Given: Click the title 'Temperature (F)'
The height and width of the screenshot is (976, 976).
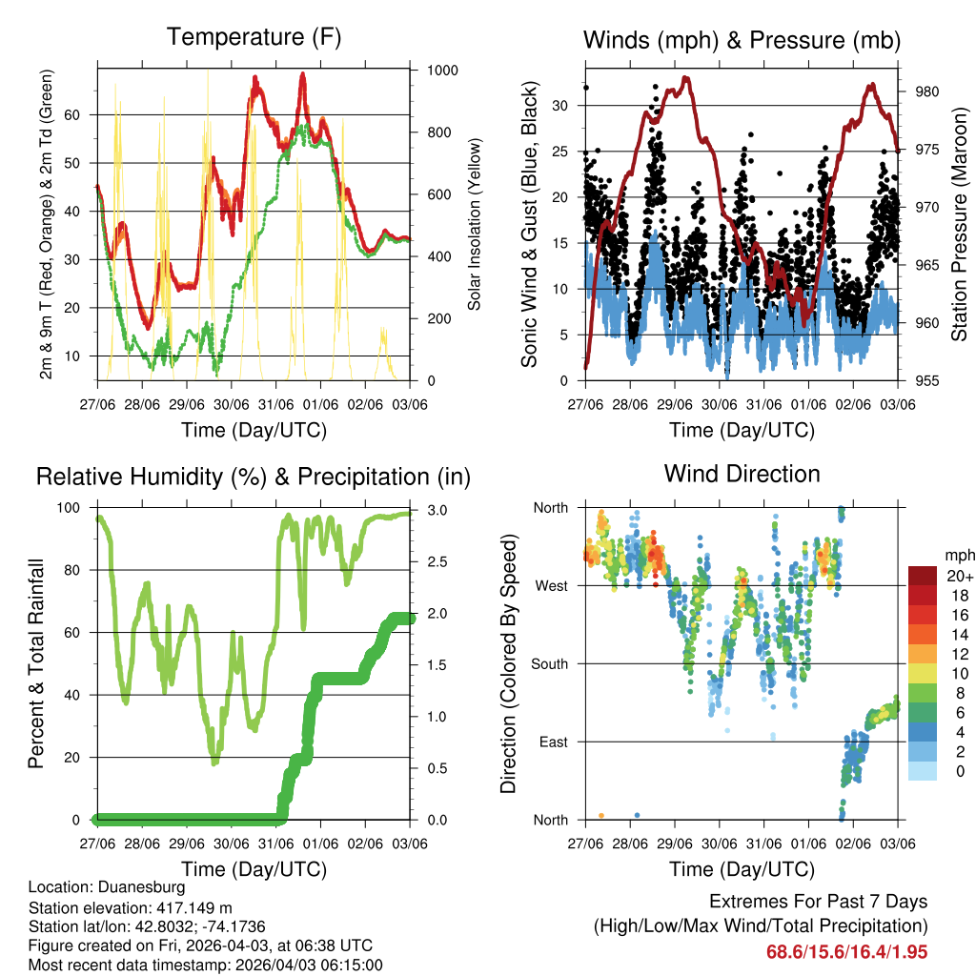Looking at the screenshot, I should pos(254,38).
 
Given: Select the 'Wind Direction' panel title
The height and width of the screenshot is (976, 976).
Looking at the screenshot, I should pos(742,474).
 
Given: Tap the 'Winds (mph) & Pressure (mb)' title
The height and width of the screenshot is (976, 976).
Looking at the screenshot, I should pos(742,40).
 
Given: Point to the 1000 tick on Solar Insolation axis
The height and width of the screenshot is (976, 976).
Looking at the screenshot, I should pos(441,71).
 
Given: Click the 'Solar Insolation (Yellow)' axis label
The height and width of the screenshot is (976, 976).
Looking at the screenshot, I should pos(475,224).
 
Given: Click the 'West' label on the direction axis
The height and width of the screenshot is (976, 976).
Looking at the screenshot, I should pos(550,585).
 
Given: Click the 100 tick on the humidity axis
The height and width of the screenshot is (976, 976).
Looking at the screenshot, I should pos(73,507).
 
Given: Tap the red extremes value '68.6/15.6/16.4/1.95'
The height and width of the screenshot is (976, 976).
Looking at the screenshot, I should pos(846,951).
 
